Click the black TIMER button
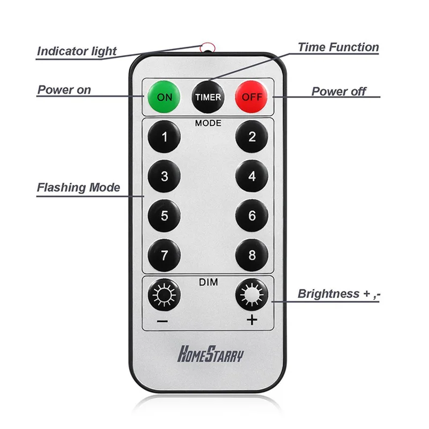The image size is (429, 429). click(x=208, y=97)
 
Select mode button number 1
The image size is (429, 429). click(x=164, y=137)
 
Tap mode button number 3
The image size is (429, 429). click(x=164, y=176)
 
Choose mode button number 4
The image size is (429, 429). click(x=252, y=176)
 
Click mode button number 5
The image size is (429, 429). click(x=164, y=216)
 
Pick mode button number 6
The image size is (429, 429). click(x=252, y=216)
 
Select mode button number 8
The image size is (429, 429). click(x=252, y=256)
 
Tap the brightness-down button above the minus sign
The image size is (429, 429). click(x=164, y=295)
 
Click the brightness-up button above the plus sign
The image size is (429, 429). click(x=252, y=295)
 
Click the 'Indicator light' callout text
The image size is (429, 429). click(x=77, y=52)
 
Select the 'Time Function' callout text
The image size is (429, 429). click(x=338, y=47)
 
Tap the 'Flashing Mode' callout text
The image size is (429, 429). click(x=78, y=188)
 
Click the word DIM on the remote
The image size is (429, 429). click(x=208, y=281)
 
